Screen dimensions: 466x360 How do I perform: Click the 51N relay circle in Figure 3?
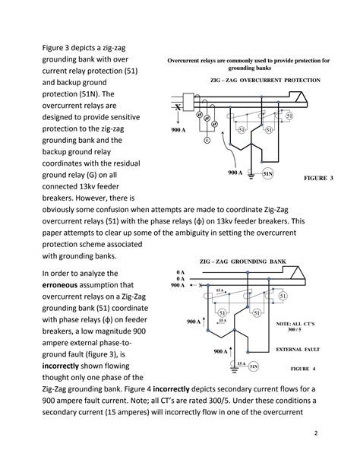pos(267,174)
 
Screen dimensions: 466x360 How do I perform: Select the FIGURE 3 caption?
pos(319,178)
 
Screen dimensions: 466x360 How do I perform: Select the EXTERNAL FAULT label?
pos(300,349)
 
